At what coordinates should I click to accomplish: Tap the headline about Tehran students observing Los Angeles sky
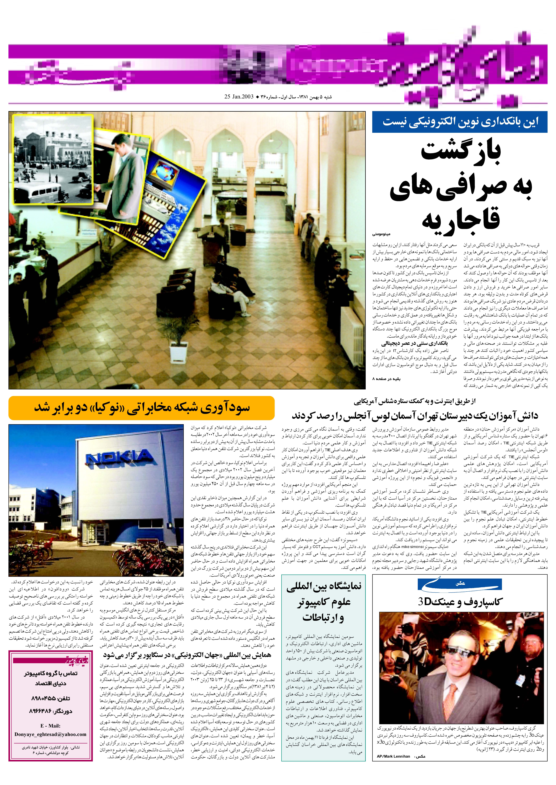(x=415, y=416)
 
